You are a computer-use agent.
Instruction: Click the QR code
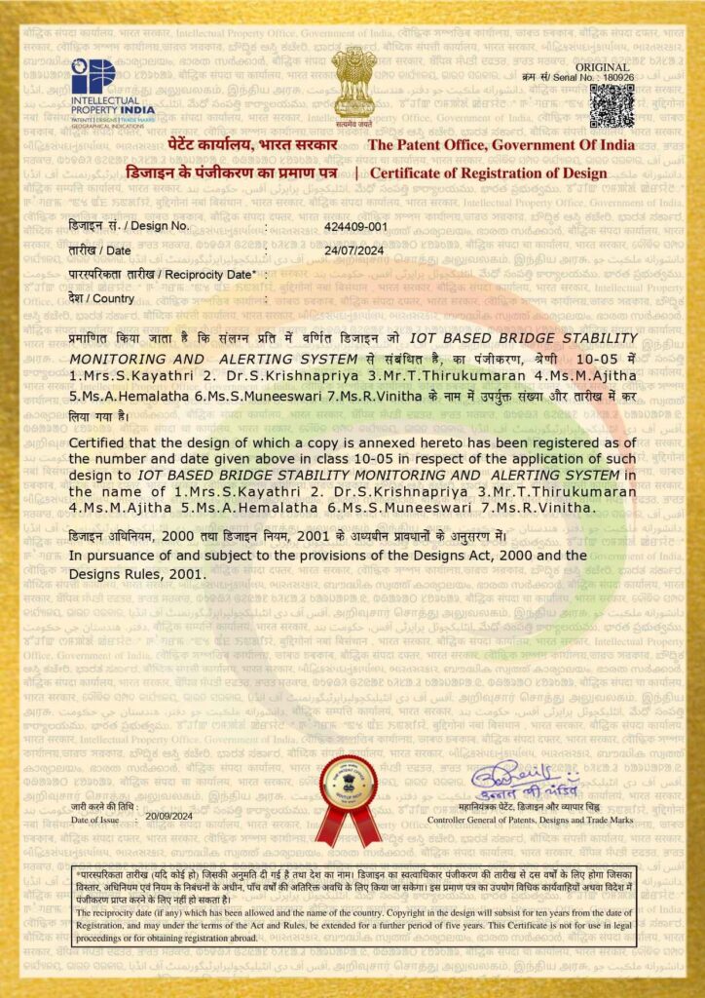click(x=611, y=104)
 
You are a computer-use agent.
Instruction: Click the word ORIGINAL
click(x=610, y=65)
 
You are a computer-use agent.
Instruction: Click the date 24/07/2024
click(x=352, y=250)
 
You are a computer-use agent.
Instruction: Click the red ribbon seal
click(x=348, y=800)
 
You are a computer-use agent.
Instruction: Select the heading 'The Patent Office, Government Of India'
click(x=501, y=145)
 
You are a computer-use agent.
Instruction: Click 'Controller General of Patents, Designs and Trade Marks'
click(x=531, y=821)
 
